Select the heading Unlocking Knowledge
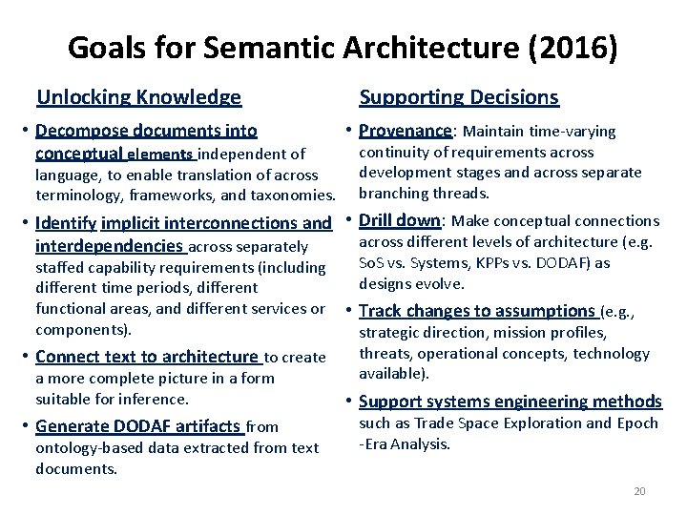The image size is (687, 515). click(x=138, y=97)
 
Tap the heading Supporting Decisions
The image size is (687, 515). click(x=458, y=97)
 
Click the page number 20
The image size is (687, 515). click(x=639, y=491)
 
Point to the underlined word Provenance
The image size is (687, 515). click(x=406, y=131)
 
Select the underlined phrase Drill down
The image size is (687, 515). click(x=400, y=220)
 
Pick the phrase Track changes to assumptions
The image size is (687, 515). click(x=476, y=311)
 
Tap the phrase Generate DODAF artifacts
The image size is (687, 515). click(x=139, y=426)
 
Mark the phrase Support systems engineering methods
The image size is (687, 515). click(x=510, y=402)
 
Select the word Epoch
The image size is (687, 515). click(x=635, y=422)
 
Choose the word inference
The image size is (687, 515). click(x=157, y=399)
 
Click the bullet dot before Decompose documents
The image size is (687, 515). click(x=24, y=132)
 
